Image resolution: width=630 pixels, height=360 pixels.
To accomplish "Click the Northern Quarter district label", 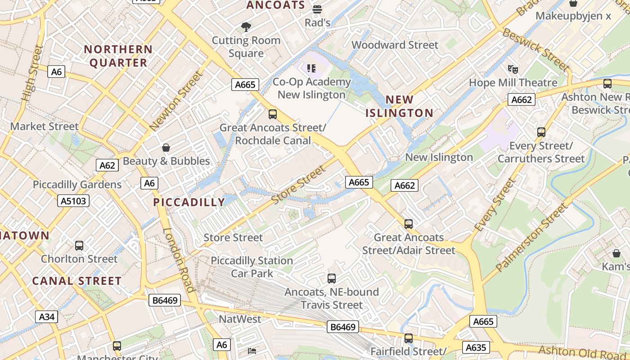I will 118,56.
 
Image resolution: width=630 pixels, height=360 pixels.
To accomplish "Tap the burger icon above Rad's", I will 317,9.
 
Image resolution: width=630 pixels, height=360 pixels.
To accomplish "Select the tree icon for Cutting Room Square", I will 246,27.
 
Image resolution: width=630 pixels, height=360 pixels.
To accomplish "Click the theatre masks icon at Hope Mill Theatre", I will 513,69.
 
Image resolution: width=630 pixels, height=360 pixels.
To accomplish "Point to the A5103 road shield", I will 74,201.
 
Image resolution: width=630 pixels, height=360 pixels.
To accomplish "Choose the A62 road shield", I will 107,165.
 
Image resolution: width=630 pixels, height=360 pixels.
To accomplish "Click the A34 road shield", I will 47,317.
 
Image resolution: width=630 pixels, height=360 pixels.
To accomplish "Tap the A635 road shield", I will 476,347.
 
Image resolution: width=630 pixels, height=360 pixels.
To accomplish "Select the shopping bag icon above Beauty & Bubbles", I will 166,148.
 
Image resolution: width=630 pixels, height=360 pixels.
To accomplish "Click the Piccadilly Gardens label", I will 77,184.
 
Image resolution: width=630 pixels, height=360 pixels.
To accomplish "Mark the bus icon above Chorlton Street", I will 79,246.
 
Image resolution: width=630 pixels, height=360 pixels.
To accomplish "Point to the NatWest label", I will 240,319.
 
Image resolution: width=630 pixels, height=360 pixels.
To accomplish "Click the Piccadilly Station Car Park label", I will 252,267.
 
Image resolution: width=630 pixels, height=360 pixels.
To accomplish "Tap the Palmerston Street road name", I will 531,238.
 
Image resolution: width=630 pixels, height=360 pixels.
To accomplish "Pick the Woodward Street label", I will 395,45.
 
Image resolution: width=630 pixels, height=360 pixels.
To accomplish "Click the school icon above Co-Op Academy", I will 311,68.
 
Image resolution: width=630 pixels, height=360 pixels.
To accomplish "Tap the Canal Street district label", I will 77,281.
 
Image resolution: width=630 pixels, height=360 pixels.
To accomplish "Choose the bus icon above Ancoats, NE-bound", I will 332,279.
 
